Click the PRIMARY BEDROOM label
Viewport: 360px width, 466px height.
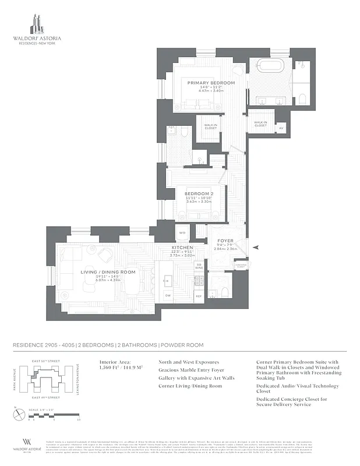211,83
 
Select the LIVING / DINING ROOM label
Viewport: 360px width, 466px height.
108,272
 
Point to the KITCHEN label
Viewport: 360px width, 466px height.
182,248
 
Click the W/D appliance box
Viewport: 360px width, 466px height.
182,233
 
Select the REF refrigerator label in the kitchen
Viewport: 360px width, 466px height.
198,296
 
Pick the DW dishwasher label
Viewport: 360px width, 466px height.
168,295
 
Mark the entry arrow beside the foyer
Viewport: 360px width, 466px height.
255,249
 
